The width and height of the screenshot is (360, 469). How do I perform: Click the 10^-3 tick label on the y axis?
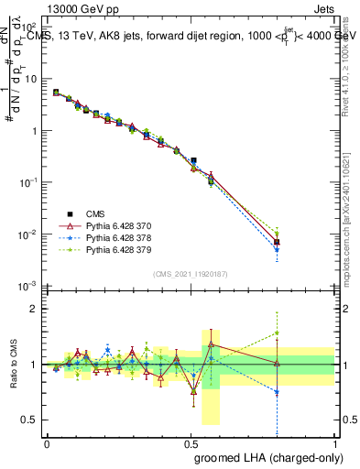(x=27, y=287)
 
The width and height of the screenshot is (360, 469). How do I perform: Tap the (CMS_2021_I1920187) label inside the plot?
(x=190, y=274)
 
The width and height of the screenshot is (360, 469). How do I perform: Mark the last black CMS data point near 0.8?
(x=277, y=243)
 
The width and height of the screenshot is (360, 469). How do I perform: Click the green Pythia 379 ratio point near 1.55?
(x=277, y=333)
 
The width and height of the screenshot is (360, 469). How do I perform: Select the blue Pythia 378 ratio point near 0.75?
(x=277, y=392)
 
